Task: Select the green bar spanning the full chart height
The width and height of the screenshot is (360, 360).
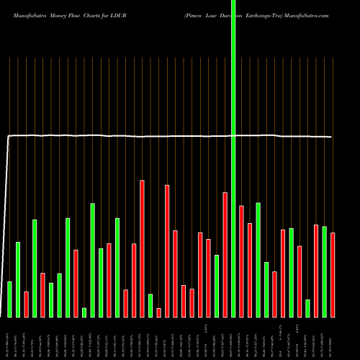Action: point(233,158)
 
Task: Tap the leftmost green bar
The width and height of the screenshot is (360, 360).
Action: point(10,299)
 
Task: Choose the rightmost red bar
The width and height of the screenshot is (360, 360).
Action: point(333,274)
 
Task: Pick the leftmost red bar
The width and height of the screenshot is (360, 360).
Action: point(27,304)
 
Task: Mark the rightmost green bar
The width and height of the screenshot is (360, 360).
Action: point(324,271)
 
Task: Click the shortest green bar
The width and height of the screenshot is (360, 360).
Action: point(84,312)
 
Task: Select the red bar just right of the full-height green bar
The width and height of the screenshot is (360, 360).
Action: point(241,261)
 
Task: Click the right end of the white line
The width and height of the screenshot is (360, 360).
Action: point(332,137)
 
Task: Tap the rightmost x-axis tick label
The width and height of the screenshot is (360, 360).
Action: point(333,339)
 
